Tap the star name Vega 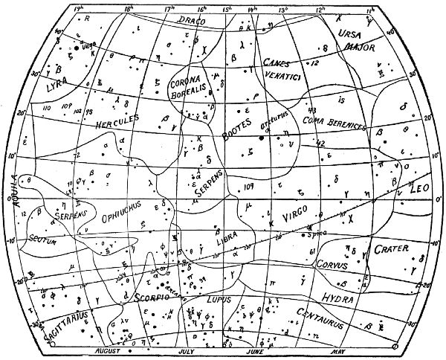point(88,45)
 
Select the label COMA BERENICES point(334,123)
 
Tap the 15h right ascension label point(227,9)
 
